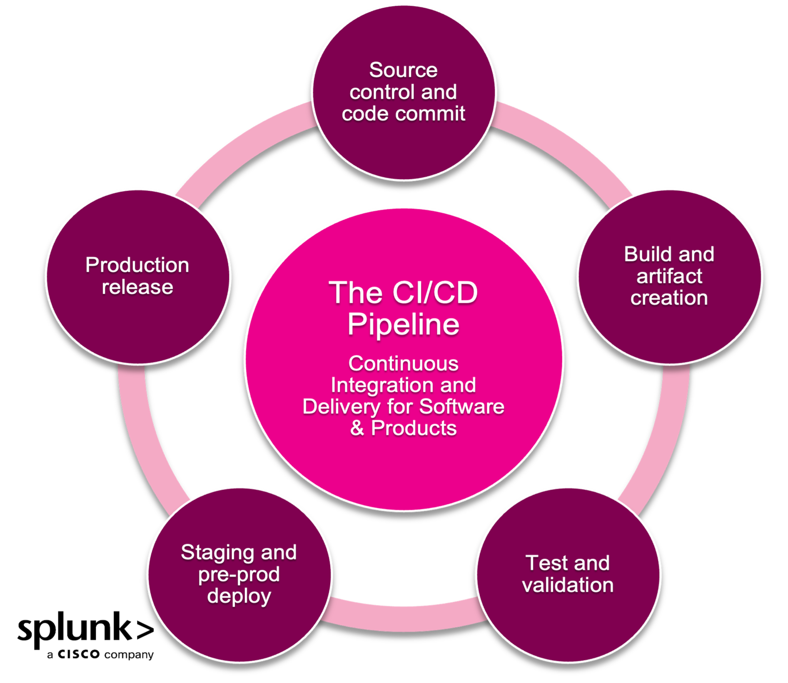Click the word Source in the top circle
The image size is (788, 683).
point(403,70)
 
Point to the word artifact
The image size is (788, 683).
point(669,276)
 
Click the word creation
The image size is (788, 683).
point(669,298)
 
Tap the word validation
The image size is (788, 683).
point(568,585)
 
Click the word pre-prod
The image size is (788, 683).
point(239,575)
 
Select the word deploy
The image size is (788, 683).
point(239,596)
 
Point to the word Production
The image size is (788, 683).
point(137,265)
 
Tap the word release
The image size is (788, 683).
point(137,287)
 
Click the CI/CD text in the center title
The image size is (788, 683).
point(435,293)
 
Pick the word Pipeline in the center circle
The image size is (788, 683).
point(403,324)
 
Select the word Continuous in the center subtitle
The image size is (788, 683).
point(403,363)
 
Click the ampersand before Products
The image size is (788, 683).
point(357,428)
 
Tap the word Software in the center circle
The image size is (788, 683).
point(461,407)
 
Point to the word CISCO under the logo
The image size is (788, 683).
point(79,655)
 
